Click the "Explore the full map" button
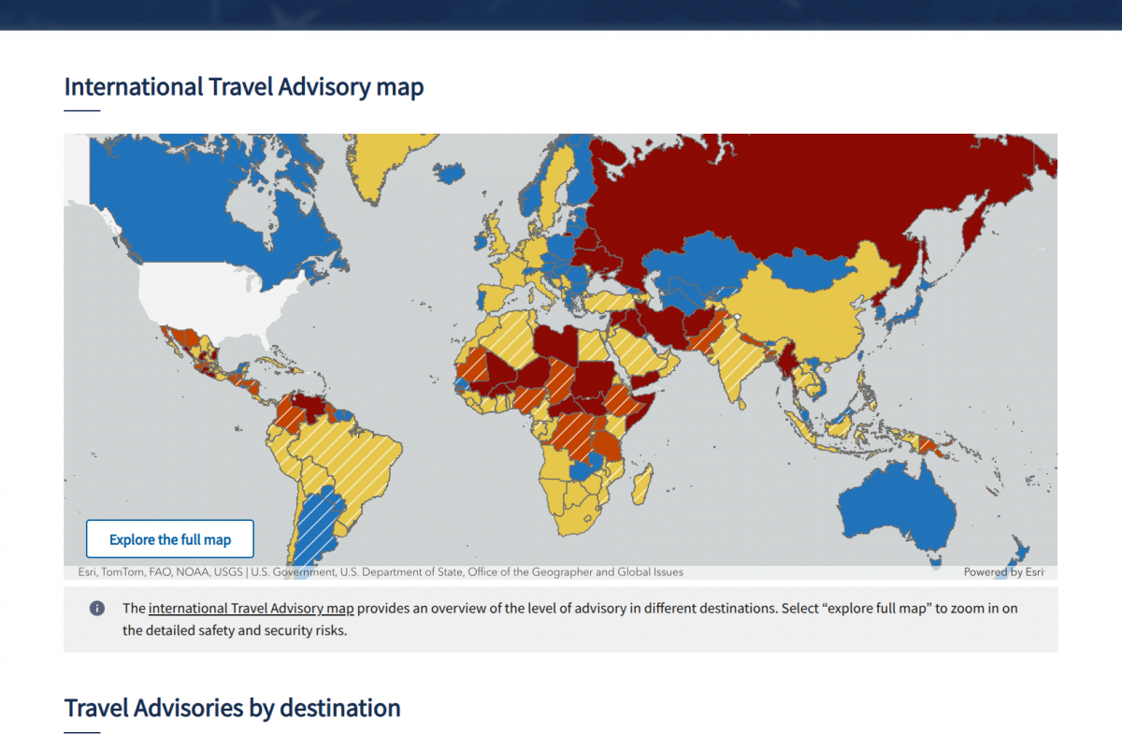(x=169, y=539)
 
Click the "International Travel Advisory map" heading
(x=244, y=88)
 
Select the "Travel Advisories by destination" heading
(x=232, y=708)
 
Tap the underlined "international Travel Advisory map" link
(x=251, y=608)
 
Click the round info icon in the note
(x=96, y=609)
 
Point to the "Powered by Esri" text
(x=1003, y=572)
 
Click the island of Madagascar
(x=642, y=484)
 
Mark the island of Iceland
(x=451, y=173)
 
